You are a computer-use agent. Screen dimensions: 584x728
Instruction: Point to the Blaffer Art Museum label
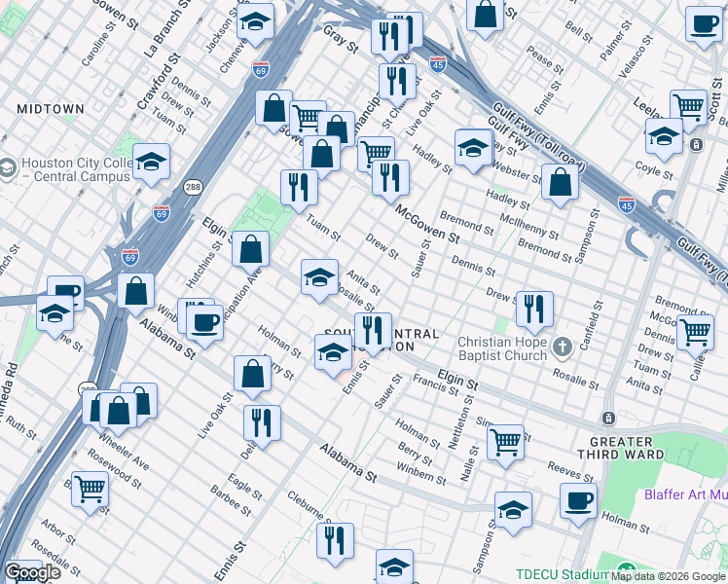coord(685,494)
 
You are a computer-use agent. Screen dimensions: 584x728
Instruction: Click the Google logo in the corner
coord(32,572)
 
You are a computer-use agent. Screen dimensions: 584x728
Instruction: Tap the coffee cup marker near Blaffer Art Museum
coord(578,501)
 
